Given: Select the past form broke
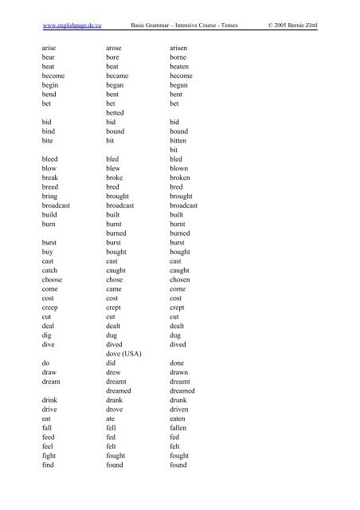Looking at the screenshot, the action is [x=119, y=182].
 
